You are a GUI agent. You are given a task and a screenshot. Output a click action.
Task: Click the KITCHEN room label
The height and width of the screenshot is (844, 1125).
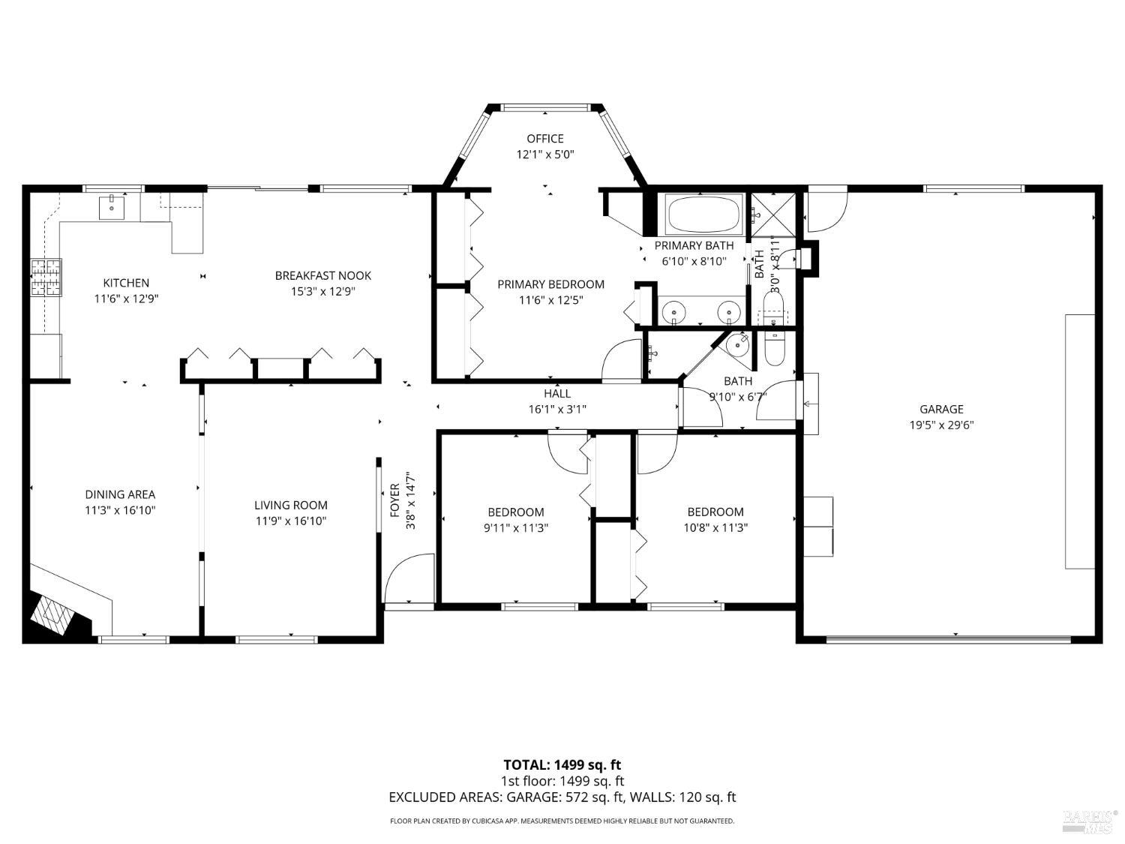pyautogui.click(x=126, y=283)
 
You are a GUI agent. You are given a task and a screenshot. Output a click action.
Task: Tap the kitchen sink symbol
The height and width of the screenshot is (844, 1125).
pyautogui.click(x=112, y=206)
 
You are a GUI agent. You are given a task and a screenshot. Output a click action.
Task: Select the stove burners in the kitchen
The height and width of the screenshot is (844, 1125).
pyautogui.click(x=46, y=278)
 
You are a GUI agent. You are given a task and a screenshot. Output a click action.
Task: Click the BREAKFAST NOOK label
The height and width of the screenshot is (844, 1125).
pyautogui.click(x=322, y=275)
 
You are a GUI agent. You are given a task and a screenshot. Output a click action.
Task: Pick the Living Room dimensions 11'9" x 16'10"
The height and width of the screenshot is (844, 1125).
pyautogui.click(x=290, y=521)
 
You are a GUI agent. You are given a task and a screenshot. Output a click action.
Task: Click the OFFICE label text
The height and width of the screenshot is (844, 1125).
pyautogui.click(x=544, y=138)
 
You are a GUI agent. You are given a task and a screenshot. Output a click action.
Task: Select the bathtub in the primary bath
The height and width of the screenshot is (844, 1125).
pyautogui.click(x=703, y=215)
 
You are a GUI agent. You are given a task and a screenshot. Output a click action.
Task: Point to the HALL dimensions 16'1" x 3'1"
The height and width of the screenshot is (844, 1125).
pyautogui.click(x=556, y=409)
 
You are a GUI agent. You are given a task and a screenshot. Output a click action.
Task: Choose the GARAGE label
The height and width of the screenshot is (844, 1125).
pyautogui.click(x=941, y=409)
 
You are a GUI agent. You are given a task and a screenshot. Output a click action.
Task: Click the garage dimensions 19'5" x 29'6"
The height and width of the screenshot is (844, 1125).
pyautogui.click(x=941, y=425)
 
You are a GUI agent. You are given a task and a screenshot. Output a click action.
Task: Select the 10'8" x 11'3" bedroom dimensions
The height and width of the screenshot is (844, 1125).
pyautogui.click(x=715, y=527)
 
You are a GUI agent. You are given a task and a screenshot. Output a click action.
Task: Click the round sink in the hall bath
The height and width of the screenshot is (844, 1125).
pyautogui.click(x=738, y=344)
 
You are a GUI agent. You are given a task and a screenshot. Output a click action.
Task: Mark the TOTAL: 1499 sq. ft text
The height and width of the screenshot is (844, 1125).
pyautogui.click(x=562, y=765)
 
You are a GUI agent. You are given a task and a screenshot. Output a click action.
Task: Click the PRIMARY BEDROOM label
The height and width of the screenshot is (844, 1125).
pyautogui.click(x=550, y=284)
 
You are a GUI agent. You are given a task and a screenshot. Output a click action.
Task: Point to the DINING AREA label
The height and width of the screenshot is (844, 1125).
pyautogui.click(x=120, y=494)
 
